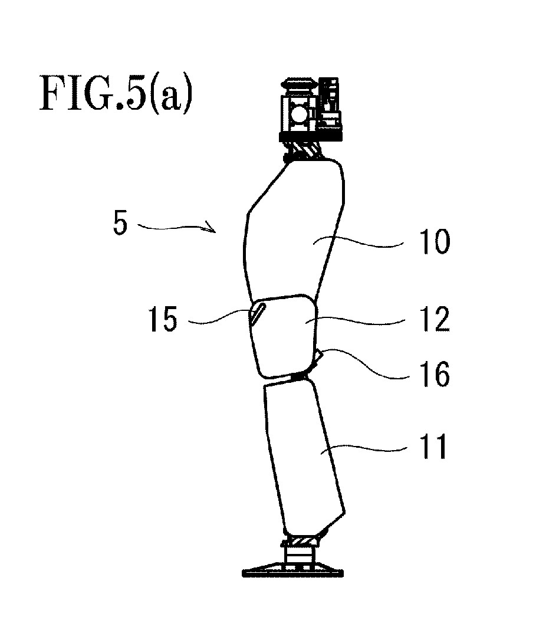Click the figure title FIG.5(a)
pyautogui.click(x=116, y=94)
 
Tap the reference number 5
pyautogui.click(x=120, y=222)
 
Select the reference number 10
pyautogui.click(x=435, y=242)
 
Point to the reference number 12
pyautogui.click(x=435, y=319)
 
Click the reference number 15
pyautogui.click(x=163, y=319)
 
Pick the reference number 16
pyautogui.click(x=435, y=373)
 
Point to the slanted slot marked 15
pyautogui.click(x=257, y=313)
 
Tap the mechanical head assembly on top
pyautogui.click(x=311, y=110)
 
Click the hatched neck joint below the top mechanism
pyautogui.click(x=304, y=151)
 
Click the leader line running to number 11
pyautogui.click(x=364, y=448)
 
